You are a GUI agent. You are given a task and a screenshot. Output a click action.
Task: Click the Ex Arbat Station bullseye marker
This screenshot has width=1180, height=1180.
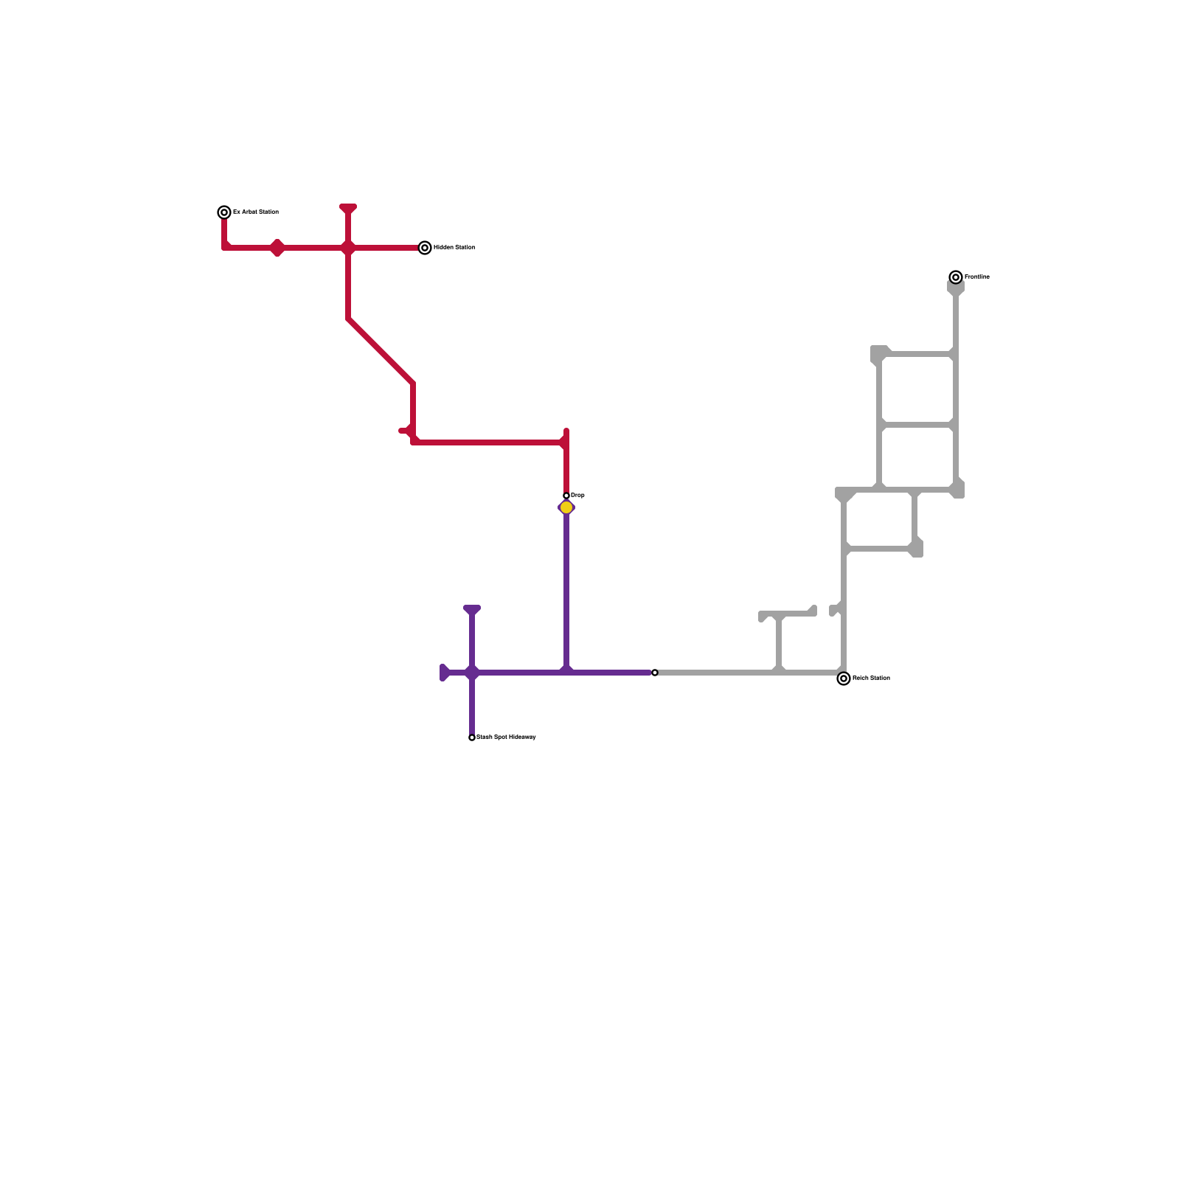click(x=224, y=212)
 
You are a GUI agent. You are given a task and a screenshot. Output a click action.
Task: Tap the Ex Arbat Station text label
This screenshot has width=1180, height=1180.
click(x=256, y=212)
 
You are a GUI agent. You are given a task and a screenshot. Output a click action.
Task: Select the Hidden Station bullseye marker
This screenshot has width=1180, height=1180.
click(x=425, y=248)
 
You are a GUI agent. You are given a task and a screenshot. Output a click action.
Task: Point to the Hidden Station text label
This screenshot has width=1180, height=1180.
click(x=454, y=248)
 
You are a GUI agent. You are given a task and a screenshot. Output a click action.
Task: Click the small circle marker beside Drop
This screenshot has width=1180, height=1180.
click(x=566, y=496)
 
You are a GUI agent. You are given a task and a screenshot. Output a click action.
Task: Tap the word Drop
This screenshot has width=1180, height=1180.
click(x=578, y=496)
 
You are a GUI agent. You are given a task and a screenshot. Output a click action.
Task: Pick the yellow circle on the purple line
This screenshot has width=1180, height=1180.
click(x=566, y=507)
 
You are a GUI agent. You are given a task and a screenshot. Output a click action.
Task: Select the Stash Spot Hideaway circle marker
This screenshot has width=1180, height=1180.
click(x=472, y=737)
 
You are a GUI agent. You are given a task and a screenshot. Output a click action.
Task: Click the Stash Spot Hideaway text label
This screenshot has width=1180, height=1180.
click(x=507, y=737)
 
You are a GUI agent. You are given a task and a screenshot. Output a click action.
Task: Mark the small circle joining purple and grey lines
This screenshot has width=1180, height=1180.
click(x=655, y=673)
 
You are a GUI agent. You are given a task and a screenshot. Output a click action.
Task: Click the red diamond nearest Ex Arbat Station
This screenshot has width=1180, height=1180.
click(x=277, y=248)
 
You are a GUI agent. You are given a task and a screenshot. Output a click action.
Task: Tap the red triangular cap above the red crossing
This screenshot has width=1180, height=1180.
click(x=348, y=209)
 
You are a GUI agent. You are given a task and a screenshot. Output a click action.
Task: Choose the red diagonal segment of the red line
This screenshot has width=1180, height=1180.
click(x=381, y=351)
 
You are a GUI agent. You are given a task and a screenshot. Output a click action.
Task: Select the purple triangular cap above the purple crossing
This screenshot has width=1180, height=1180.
click(x=472, y=610)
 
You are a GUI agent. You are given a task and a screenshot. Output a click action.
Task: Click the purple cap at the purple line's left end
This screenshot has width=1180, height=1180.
click(x=445, y=673)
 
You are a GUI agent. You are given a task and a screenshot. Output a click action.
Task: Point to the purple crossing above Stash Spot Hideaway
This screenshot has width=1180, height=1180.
click(x=472, y=673)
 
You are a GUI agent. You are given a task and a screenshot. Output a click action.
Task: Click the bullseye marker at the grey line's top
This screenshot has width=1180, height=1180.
click(x=956, y=277)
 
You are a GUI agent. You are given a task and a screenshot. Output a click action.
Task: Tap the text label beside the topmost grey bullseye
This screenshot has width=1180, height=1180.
click(x=977, y=277)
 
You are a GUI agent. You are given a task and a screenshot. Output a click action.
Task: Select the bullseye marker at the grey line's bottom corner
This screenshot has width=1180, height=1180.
click(x=844, y=678)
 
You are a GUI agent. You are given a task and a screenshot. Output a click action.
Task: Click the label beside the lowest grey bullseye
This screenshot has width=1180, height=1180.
click(x=872, y=678)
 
